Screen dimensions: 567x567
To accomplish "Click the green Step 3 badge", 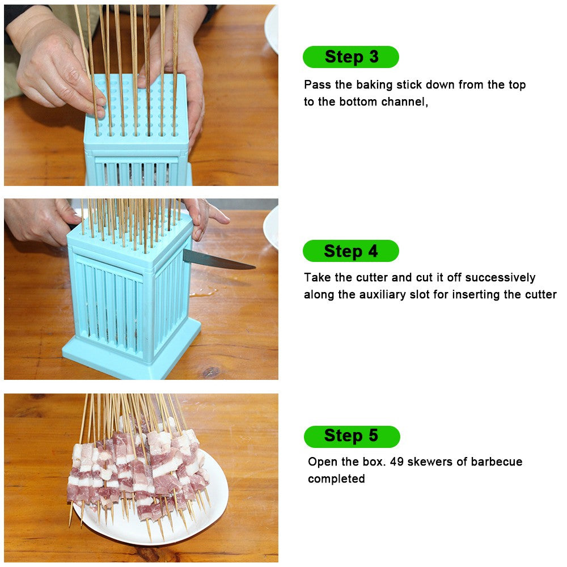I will point(351,57).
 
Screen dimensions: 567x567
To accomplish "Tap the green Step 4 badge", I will point(351,251).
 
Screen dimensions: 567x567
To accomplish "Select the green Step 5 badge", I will point(352,436).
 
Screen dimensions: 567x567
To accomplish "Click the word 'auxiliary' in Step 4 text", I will point(383,295).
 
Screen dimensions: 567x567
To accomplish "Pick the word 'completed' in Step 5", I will point(336,479).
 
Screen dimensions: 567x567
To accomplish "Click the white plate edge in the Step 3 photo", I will point(272,28).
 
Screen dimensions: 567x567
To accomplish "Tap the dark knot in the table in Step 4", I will point(210,372).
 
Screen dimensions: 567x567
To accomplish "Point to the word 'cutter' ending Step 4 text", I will point(539,295).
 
